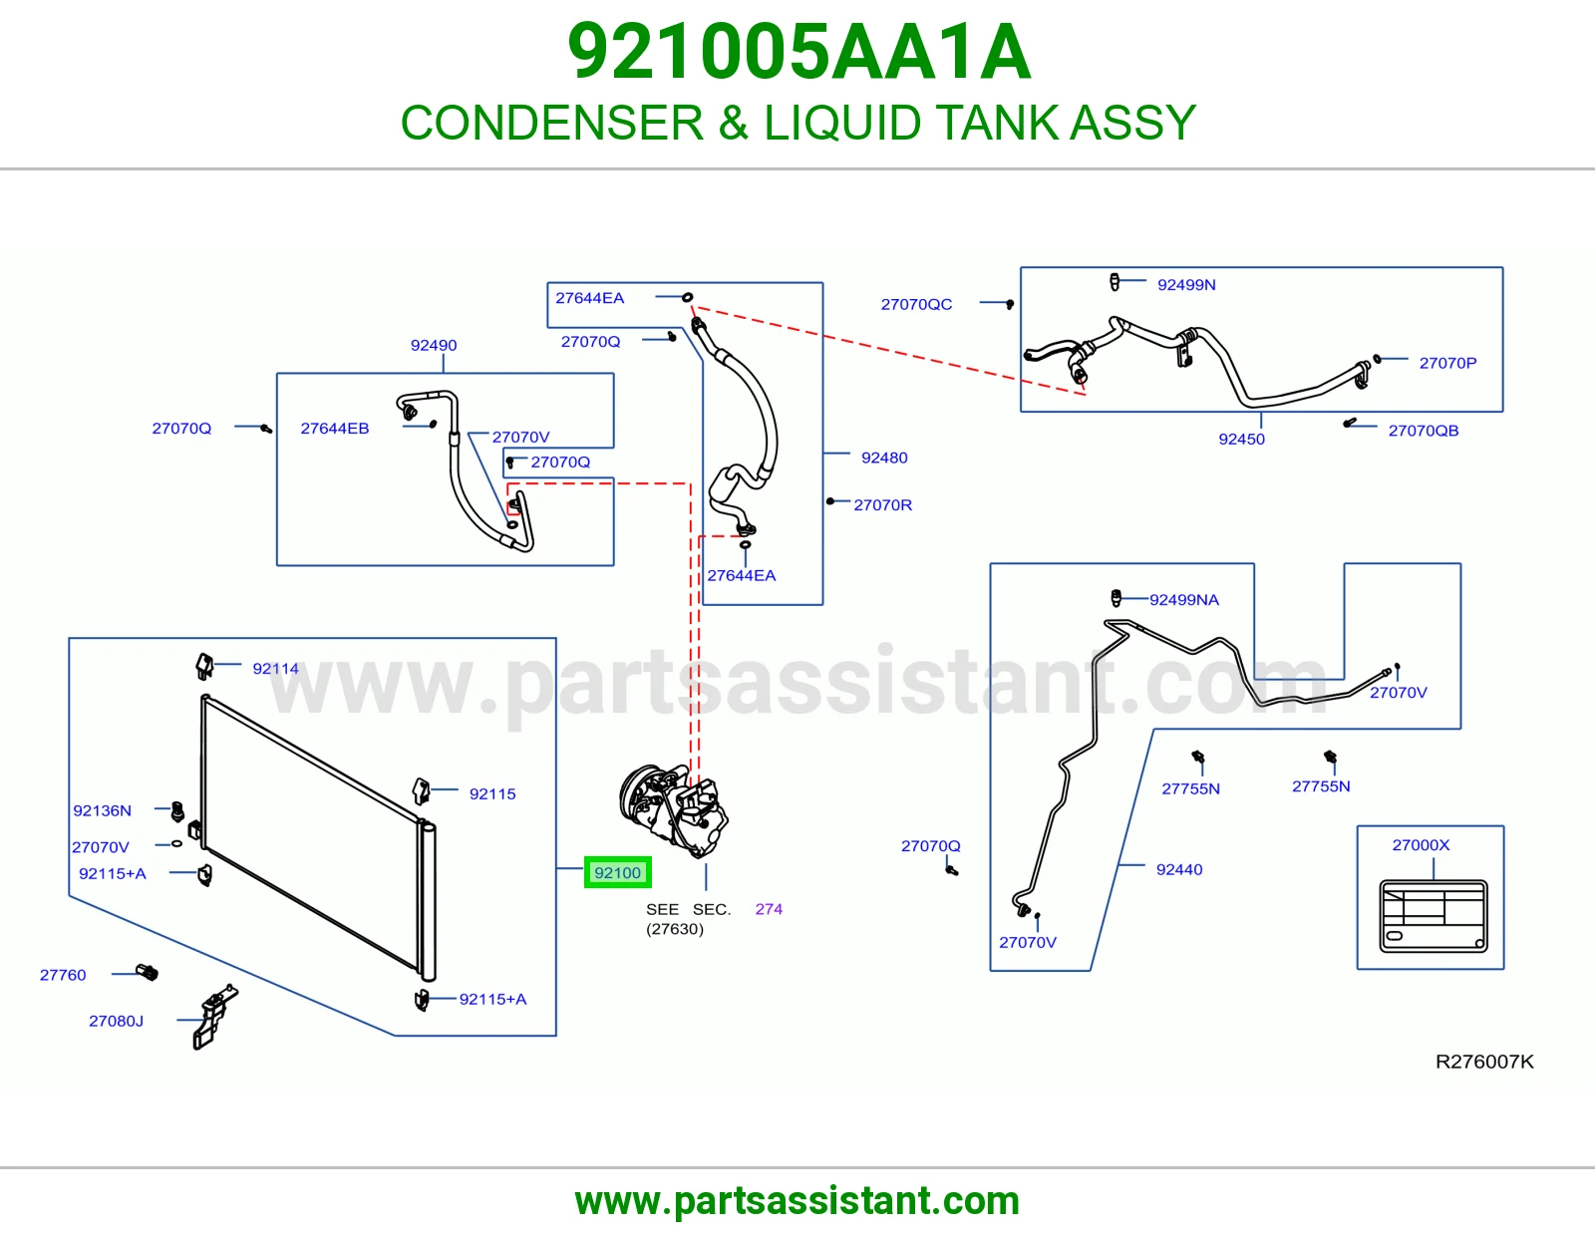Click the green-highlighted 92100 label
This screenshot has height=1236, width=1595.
tap(617, 872)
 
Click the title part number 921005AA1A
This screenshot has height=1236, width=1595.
tap(799, 52)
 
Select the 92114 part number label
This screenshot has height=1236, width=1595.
tap(275, 669)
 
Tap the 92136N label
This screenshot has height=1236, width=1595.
tap(102, 810)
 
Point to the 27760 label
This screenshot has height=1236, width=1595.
tap(63, 975)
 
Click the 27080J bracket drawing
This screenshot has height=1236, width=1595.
tap(215, 1017)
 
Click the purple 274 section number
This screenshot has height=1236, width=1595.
tap(769, 909)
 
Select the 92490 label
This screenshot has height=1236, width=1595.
tap(433, 345)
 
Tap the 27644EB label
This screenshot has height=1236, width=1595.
tap(335, 428)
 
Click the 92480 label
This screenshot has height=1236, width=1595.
tap(884, 458)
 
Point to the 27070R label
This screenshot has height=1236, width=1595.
tap(882, 505)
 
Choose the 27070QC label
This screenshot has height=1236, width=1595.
tap(916, 304)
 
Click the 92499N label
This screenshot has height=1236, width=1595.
tap(1186, 285)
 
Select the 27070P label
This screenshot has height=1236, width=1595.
tap(1447, 363)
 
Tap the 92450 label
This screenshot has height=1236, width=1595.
tap(1241, 439)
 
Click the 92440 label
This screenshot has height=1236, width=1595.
tap(1179, 869)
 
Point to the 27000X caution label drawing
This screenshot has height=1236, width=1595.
tap(1433, 916)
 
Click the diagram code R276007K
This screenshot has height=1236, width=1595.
tap(1484, 1062)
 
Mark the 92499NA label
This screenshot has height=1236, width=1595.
tap(1183, 600)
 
